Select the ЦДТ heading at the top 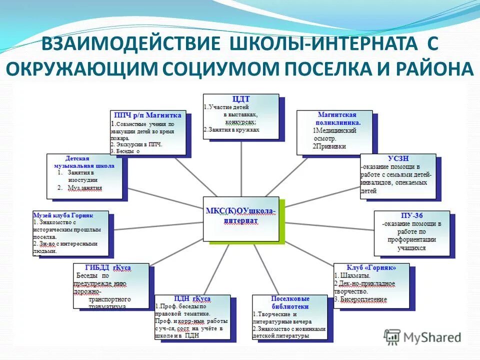(x=241, y=99)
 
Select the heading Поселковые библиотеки (x=290, y=302)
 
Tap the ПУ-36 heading (x=412, y=215)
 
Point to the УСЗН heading (x=398, y=158)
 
